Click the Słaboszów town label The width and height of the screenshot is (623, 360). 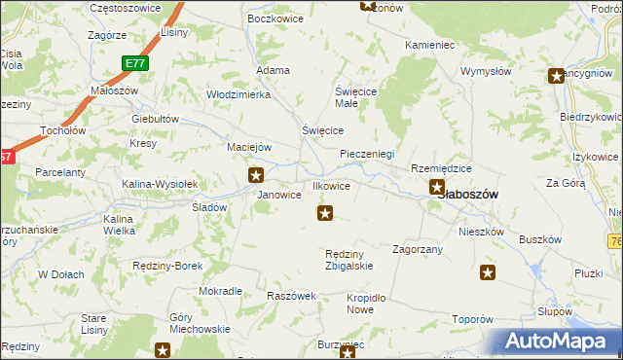coord(472,195)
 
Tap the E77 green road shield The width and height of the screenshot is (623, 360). coord(135,63)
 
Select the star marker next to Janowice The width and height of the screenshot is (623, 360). coord(256,175)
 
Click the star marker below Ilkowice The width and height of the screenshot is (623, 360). coord(325,212)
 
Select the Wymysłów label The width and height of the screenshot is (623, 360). coord(486,71)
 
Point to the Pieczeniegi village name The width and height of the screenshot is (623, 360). coord(366,154)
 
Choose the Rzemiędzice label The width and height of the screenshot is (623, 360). coord(441,167)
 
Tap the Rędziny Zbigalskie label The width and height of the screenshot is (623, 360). coord(348,260)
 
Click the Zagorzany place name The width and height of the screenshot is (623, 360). coord(418,249)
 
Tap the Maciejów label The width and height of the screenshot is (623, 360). coord(248,147)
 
